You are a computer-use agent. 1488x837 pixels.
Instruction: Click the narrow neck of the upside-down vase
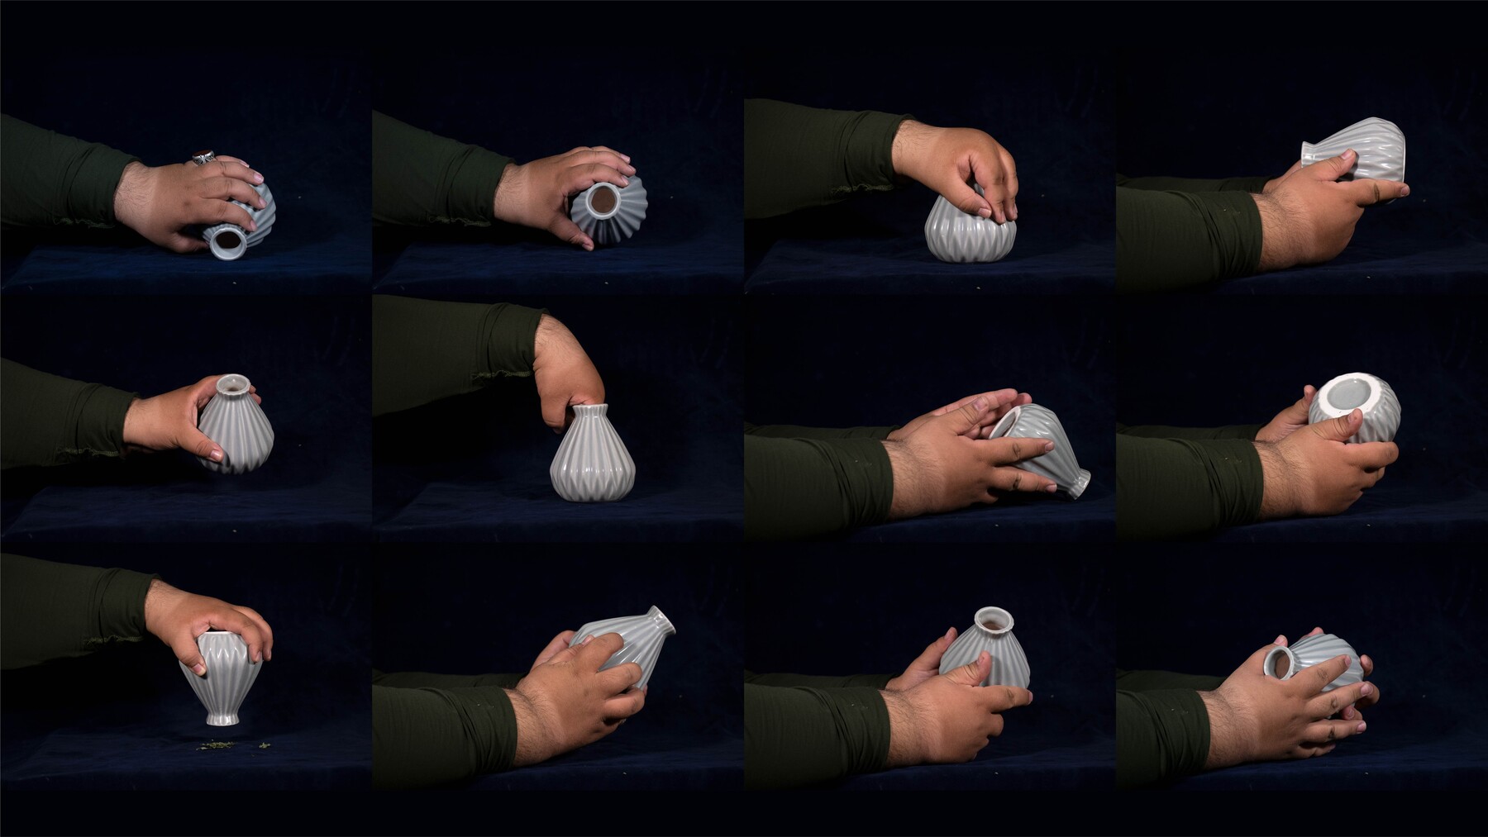point(222,716)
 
